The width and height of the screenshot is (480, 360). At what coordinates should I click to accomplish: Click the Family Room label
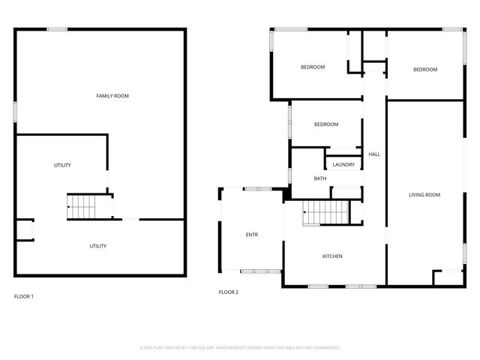[x=112, y=96]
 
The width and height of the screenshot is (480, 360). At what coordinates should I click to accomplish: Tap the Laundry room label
[x=344, y=164]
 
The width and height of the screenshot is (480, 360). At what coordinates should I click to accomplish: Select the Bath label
[x=320, y=178]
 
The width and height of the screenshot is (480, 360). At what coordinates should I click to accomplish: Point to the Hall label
[x=374, y=154]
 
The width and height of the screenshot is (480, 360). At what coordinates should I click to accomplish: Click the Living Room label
[x=424, y=195]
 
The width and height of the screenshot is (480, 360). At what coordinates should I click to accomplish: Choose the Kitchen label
[x=332, y=256]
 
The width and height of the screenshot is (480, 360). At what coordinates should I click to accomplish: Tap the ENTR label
[x=252, y=235]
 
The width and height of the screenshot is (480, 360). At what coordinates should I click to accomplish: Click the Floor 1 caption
[x=24, y=296]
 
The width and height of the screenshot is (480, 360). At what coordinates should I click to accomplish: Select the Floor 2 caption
[x=228, y=292]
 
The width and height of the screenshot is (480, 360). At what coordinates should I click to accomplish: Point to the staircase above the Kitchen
[x=327, y=213]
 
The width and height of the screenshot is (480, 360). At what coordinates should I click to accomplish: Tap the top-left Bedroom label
[x=313, y=67]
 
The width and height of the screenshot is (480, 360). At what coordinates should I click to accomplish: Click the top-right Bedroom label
[x=425, y=70]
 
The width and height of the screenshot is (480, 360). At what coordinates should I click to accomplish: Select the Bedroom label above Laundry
[x=326, y=124]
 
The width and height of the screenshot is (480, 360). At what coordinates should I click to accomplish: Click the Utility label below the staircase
[x=98, y=246]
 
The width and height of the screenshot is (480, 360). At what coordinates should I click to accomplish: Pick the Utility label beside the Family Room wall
[x=62, y=165]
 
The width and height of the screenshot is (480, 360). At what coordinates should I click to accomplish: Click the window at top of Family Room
[x=57, y=29]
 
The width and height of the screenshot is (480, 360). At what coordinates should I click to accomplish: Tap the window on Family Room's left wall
[x=15, y=109]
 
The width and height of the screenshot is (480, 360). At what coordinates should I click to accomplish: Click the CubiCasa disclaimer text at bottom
[x=240, y=348]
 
